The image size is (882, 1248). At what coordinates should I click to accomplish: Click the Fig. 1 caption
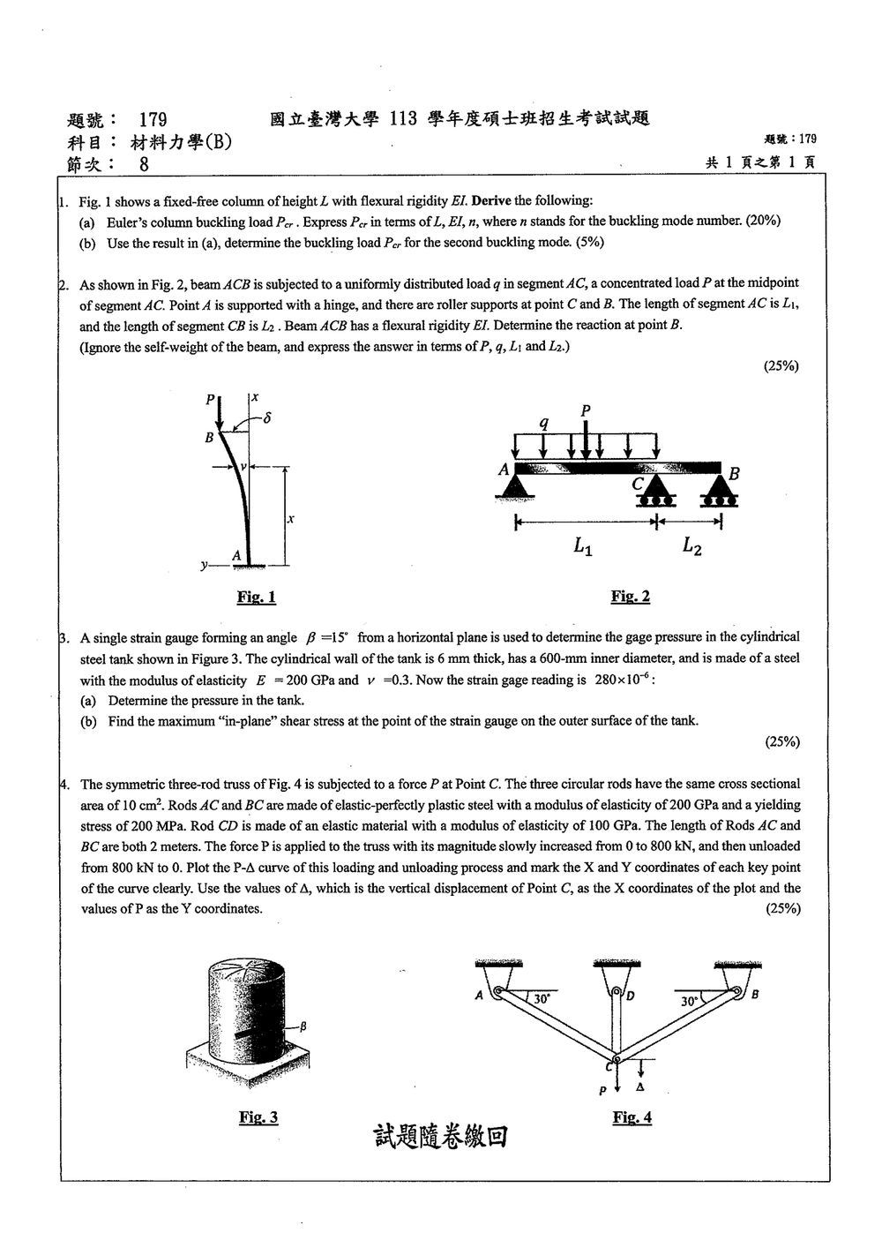256,598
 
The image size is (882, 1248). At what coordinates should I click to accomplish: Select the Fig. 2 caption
631,597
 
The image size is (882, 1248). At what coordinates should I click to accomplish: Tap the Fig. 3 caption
258,1117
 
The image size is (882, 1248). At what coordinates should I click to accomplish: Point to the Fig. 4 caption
632,1117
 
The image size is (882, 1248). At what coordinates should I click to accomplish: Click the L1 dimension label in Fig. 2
583,546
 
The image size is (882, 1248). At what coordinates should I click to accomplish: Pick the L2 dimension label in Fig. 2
692,546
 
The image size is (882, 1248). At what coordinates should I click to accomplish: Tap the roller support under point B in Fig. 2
719,491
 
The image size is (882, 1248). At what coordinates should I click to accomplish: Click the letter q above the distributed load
544,423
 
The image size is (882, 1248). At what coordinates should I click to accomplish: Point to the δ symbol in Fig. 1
267,417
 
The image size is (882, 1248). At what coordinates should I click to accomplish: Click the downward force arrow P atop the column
220,413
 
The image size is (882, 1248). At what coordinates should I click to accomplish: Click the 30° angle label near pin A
542,998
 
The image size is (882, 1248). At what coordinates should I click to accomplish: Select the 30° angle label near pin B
689,1001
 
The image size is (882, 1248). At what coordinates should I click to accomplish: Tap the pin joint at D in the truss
617,992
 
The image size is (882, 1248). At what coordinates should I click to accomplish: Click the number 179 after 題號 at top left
153,119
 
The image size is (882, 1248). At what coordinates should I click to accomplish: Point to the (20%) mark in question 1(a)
764,221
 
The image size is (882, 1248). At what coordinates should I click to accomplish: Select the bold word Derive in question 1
491,200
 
